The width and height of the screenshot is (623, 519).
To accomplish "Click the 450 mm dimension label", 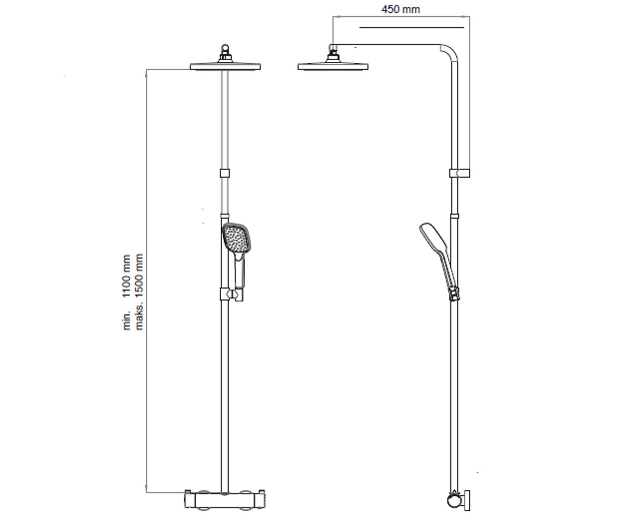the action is (400, 9).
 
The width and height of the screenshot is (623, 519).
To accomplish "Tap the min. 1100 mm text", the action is (127, 292).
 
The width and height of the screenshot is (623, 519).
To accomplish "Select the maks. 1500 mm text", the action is (139, 292).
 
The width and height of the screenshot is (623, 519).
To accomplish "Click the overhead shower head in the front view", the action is (225, 66).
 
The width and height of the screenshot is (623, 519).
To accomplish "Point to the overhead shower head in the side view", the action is (333, 66).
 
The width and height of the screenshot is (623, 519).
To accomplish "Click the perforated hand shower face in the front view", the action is (236, 238).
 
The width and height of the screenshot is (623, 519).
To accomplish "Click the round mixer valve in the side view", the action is (454, 500).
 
